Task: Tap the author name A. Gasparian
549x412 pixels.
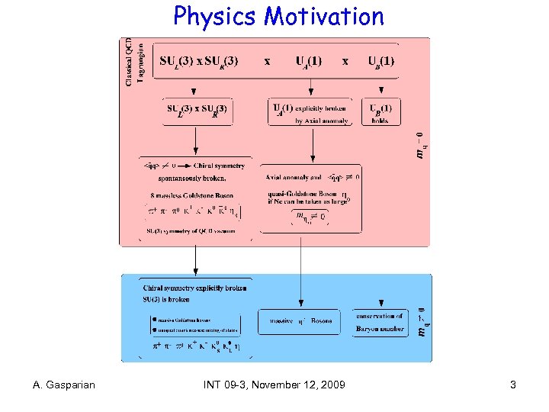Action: point(65,385)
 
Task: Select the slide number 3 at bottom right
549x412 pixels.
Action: point(513,385)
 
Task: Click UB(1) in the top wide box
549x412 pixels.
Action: point(380,60)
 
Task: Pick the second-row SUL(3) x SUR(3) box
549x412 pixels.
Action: point(196,111)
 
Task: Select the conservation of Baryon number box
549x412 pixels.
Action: point(379,322)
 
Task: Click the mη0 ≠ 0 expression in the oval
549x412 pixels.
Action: point(310,216)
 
